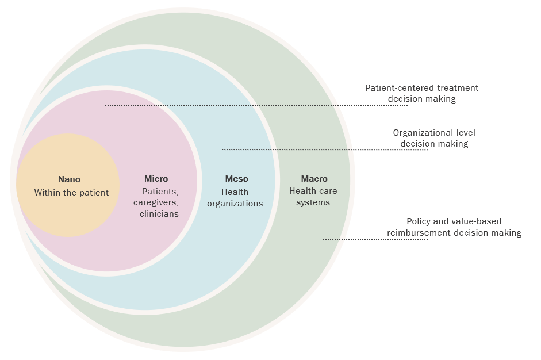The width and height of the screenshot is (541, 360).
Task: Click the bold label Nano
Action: pyautogui.click(x=69, y=179)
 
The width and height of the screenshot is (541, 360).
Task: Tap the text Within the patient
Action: pyautogui.click(x=71, y=193)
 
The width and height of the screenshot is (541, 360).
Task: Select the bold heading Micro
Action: pyautogui.click(x=156, y=179)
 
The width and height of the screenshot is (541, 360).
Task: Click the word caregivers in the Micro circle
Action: pyautogui.click(x=156, y=202)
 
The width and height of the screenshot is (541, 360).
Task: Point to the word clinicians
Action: pyautogui.click(x=159, y=214)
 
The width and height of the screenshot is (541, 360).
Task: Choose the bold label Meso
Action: pyautogui.click(x=236, y=179)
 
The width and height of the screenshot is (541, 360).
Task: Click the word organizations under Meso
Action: pyautogui.click(x=235, y=204)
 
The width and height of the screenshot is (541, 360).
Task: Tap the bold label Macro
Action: pyautogui.click(x=314, y=179)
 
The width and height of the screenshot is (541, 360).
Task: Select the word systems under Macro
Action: pyautogui.click(x=313, y=202)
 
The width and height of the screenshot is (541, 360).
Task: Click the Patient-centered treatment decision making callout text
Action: pyautogui.click(x=422, y=93)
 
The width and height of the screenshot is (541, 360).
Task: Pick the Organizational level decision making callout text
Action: pyautogui.click(x=434, y=138)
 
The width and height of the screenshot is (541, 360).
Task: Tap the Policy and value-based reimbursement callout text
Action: pyautogui.click(x=454, y=227)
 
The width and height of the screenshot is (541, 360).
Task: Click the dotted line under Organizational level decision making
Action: pyautogui.click(x=325, y=150)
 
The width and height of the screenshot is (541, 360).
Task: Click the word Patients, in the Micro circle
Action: pyautogui.click(x=160, y=191)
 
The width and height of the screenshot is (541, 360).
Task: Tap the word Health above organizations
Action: pyautogui.click(x=235, y=192)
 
